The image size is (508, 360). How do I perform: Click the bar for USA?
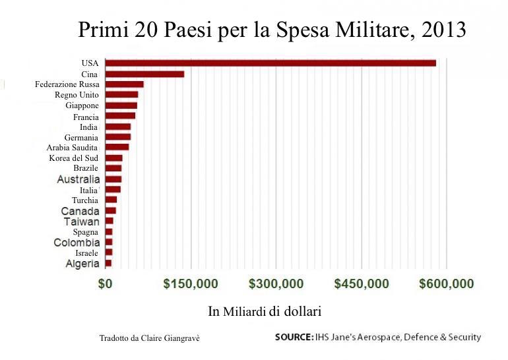270,63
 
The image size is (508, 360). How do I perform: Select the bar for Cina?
144,74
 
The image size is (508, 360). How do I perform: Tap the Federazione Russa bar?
124,84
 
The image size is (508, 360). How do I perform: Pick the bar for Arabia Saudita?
117,147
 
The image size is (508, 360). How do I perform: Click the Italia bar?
113,189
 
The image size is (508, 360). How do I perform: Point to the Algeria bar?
108,263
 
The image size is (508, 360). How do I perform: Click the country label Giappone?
82,105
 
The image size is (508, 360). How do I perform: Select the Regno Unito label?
77,95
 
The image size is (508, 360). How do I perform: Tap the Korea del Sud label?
73,158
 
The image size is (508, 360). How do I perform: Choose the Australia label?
79,179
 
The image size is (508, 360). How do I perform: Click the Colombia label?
77,243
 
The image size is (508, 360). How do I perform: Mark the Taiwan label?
82,222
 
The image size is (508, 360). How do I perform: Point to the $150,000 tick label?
191,284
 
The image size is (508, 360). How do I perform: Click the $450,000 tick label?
362,284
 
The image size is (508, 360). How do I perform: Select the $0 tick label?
106,284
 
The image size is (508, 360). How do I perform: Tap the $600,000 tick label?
447,284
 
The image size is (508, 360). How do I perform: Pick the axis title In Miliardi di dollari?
264,311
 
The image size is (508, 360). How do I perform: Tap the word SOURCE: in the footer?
294,338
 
